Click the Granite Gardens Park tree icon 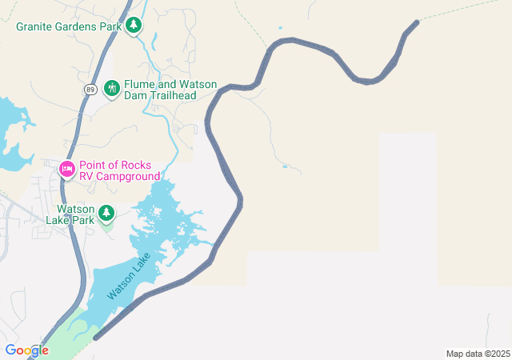click(x=134, y=26)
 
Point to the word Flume click(x=140, y=82)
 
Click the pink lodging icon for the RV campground click(x=67, y=169)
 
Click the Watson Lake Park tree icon click(x=106, y=214)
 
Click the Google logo click(x=26, y=350)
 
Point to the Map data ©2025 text click(x=478, y=354)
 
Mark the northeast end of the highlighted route click(x=416, y=22)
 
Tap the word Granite click(x=37, y=26)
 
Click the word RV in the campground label click(x=87, y=176)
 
